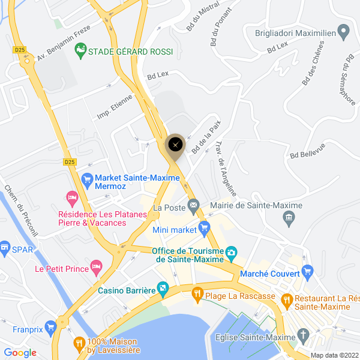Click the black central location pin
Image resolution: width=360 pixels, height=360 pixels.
pos(175,145)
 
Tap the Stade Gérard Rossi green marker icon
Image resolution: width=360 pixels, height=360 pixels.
pos(80,52)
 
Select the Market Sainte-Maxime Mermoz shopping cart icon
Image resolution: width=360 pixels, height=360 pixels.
pos(87,178)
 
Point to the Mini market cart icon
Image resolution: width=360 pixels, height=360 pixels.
pos(205,228)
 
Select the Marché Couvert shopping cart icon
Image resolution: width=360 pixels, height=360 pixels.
pos(307,272)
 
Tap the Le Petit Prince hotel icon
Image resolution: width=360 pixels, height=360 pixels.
pos(96,266)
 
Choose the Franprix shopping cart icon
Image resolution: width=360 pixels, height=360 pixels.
pos(50,328)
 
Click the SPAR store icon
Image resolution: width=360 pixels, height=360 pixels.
pos(5,247)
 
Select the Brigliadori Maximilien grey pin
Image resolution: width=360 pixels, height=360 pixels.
pos(344,30)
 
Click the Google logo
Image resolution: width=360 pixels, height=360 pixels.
pos(20,353)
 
